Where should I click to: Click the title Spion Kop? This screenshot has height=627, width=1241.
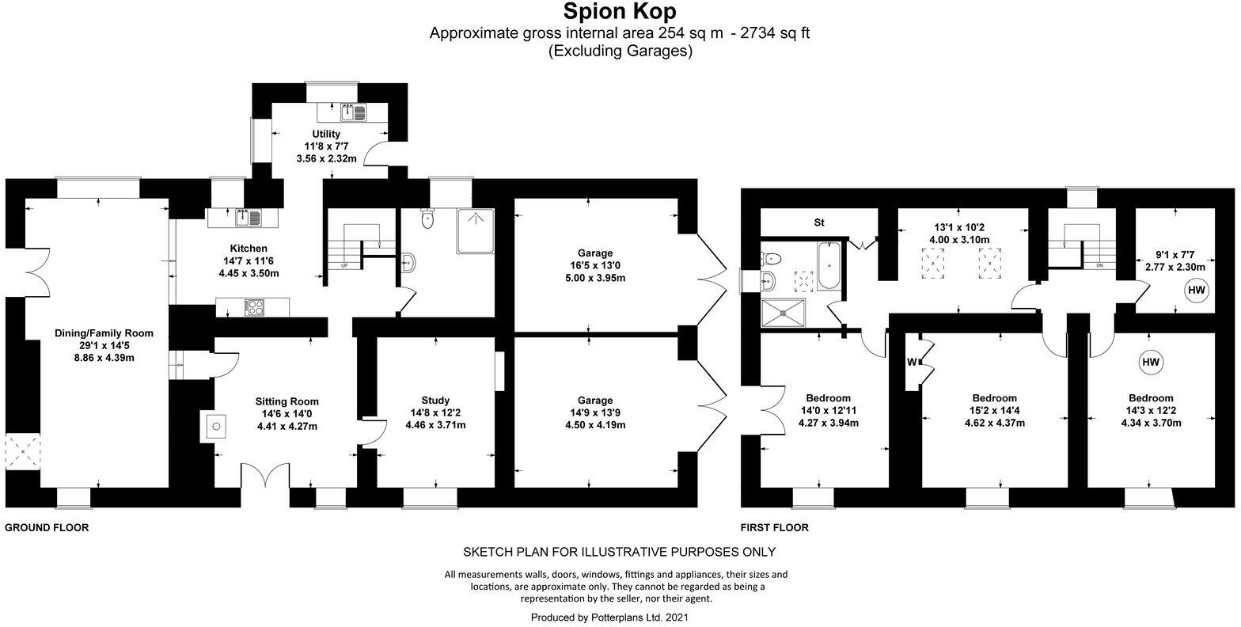pyautogui.click(x=620, y=13)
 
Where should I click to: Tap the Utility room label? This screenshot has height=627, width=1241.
pyautogui.click(x=326, y=135)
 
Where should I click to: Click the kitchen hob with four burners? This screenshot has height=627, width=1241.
pyautogui.click(x=254, y=307)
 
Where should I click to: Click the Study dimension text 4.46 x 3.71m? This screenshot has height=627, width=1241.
pyautogui.click(x=435, y=425)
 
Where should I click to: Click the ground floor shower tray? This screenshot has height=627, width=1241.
pyautogui.click(x=475, y=230)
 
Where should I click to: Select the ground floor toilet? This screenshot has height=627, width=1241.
pyautogui.click(x=428, y=218)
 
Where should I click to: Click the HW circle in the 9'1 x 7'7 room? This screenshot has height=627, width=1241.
pyautogui.click(x=1196, y=291)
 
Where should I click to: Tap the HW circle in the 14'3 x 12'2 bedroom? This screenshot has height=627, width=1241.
pyautogui.click(x=1150, y=363)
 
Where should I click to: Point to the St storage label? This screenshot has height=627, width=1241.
pyautogui.click(x=819, y=222)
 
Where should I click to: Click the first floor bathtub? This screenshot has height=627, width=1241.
pyautogui.click(x=831, y=267)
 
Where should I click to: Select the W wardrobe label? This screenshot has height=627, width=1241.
pyautogui.click(x=913, y=363)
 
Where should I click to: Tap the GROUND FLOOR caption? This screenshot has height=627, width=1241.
pyautogui.click(x=47, y=527)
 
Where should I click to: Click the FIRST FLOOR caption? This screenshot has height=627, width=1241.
pyautogui.click(x=774, y=527)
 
